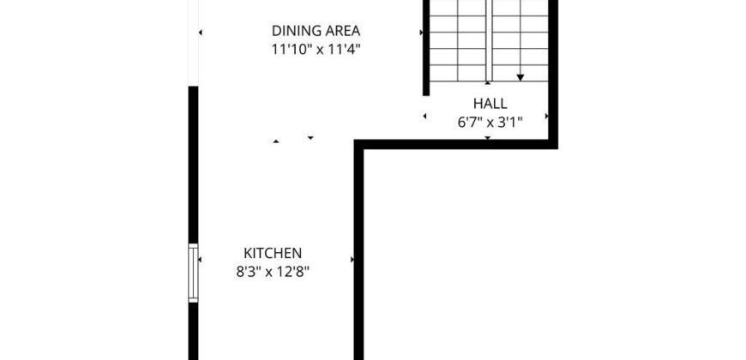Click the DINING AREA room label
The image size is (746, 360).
click(x=316, y=31)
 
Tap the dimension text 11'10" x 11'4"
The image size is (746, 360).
click(x=316, y=50)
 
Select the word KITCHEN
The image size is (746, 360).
click(x=273, y=253)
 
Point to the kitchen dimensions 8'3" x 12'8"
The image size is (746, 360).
click(x=273, y=272)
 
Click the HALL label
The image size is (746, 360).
click(x=490, y=104)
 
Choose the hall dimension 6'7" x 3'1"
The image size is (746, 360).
click(x=490, y=123)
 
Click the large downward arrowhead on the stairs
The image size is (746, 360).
click(x=520, y=77)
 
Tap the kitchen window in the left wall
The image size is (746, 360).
click(x=193, y=273)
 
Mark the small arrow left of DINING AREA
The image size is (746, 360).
click(x=201, y=33)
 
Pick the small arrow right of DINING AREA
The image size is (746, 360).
click(x=421, y=33)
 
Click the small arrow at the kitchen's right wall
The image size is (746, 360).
click(x=352, y=260)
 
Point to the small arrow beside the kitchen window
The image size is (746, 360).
click(x=200, y=260)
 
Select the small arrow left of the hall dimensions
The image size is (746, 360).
click(x=424, y=116)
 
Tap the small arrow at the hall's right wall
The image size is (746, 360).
click(x=547, y=116)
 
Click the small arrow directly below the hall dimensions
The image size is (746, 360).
click(x=488, y=138)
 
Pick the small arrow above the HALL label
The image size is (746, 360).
click(x=488, y=83)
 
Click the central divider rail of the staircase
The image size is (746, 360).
click(x=489, y=40)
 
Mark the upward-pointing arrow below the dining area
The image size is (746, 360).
click(x=276, y=141)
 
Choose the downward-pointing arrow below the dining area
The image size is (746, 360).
click(x=310, y=138)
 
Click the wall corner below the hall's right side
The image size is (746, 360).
click(x=553, y=144)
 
